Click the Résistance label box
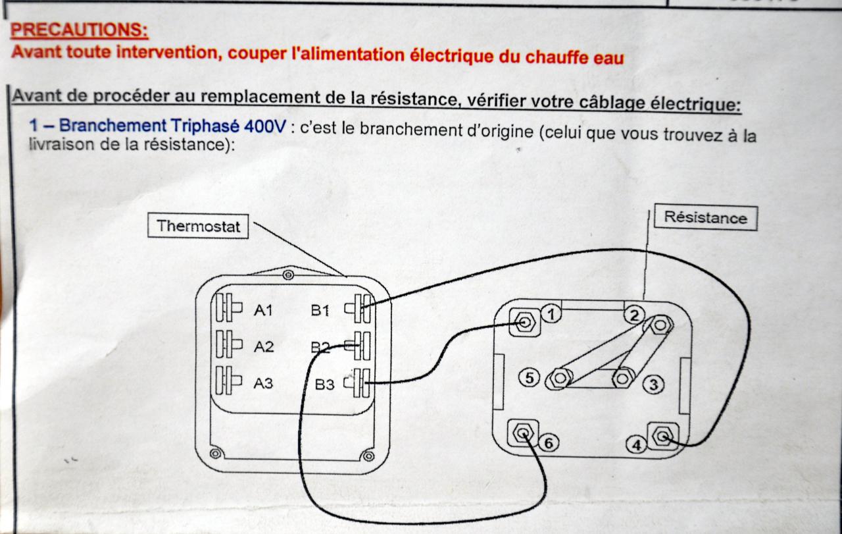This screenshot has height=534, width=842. pos(705,218)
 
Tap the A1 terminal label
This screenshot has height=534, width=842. pos(263,311)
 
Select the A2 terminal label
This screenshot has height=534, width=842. pos(263,347)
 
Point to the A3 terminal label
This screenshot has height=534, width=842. pos(263,383)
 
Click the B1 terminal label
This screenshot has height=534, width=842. pos(321,310)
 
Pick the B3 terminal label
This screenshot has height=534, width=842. pos(325,385)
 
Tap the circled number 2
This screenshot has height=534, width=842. pos(633,315)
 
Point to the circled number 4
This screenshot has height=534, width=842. pos(636,446)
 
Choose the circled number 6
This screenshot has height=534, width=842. pos(549,443)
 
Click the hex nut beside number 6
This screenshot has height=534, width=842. pos(523,433)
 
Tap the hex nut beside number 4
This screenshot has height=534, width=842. pos(663,436)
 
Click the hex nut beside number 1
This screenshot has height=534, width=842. pos(525,323)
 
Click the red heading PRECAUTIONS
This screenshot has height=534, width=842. pos(80,30)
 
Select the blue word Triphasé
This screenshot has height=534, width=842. pos(207,126)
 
